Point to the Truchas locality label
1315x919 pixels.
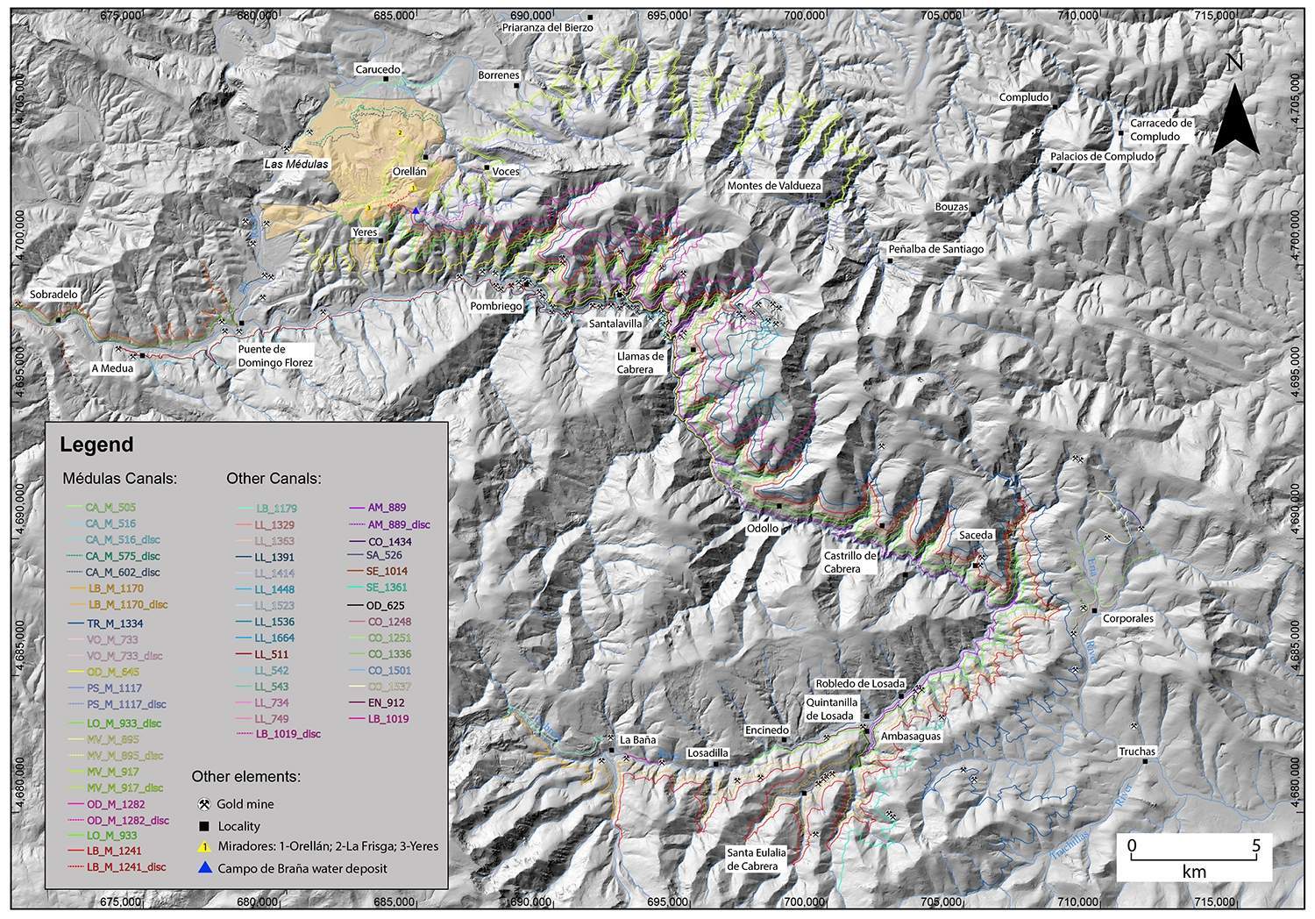[x=1137, y=752]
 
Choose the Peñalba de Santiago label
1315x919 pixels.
[x=935, y=249]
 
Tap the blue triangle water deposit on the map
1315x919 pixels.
[x=416, y=211]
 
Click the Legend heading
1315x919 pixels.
[x=96, y=445]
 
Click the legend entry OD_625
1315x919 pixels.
[x=387, y=605]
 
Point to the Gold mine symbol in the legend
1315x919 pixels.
[x=203, y=803]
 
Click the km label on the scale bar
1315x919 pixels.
[x=1193, y=872]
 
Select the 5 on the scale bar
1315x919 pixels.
[x=1255, y=846]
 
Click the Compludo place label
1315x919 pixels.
[x=1025, y=97]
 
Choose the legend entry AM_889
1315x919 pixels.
[x=386, y=508]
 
